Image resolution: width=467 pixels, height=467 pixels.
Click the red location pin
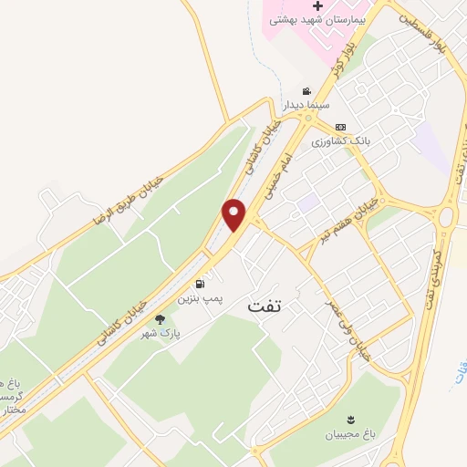pos(235,214)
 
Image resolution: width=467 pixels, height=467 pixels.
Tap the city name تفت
pos(270,307)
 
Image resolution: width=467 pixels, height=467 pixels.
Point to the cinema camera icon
pos(306,91)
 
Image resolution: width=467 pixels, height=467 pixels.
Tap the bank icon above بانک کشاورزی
pos(341,127)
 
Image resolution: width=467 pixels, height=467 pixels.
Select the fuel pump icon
pos(200,284)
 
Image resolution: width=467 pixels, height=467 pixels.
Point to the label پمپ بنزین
pos(200,298)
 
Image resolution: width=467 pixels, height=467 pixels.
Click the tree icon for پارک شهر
pos(161,319)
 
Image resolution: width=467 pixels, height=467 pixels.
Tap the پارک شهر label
pos(160,334)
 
